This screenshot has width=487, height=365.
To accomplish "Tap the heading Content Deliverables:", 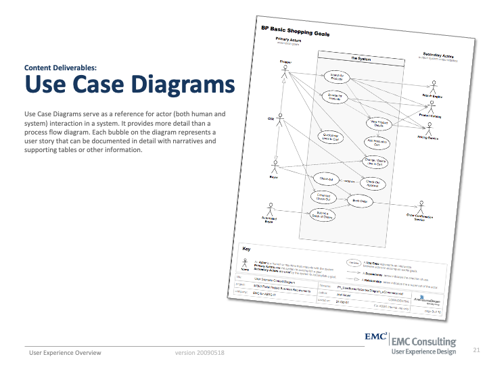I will (60, 68).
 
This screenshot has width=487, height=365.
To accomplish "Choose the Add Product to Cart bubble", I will (378, 143).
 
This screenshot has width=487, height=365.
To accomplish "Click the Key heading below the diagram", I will (246, 249).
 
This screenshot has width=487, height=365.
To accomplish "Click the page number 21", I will (476, 350).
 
